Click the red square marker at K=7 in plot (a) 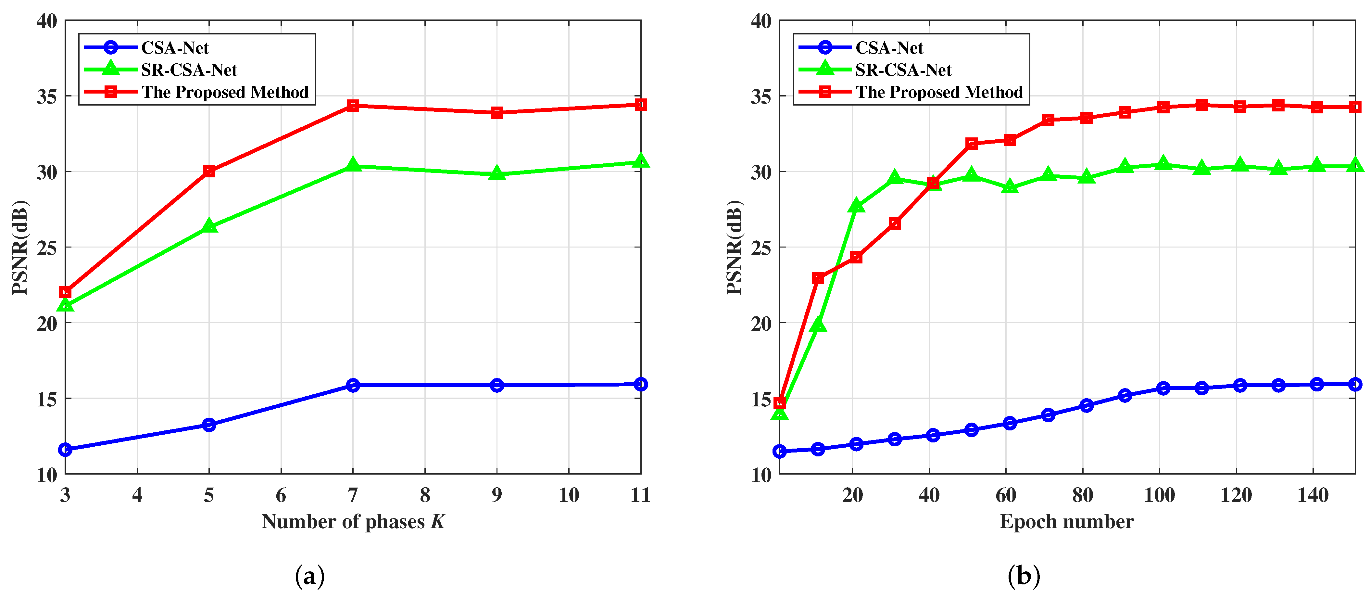tap(353, 105)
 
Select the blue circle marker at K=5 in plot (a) tap(209, 425)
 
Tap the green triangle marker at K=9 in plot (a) tap(497, 173)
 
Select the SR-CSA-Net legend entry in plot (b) tap(903, 70)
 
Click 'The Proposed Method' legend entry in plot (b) tap(939, 92)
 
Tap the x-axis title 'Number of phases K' tap(353, 521)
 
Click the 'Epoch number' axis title tap(1066, 521)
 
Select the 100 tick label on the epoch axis tap(1159, 495)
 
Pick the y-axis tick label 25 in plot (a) tap(47, 248)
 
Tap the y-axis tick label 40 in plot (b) tap(761, 21)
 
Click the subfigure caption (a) tap(309, 576)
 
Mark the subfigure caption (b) tap(1024, 576)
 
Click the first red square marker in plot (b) tap(780, 403)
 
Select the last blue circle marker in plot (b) tap(1355, 384)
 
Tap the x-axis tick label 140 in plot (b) tap(1313, 495)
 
